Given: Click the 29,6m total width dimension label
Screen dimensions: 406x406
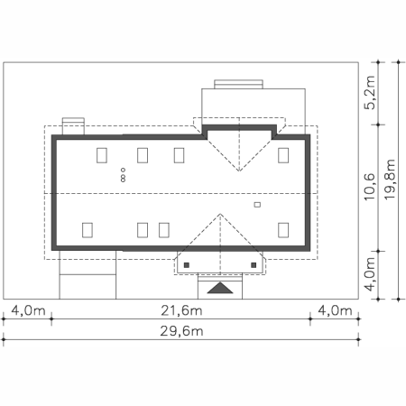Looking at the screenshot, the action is [x=181, y=331].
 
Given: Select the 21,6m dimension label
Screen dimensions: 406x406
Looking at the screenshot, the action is [x=181, y=310].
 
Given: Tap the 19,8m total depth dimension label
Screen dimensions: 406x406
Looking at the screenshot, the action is [x=389, y=179].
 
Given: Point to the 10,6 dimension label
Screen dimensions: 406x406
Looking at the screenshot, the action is [x=370, y=187].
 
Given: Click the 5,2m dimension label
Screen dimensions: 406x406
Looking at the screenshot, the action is [x=370, y=92].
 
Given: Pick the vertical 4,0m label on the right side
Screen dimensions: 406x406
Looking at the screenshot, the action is [x=370, y=274].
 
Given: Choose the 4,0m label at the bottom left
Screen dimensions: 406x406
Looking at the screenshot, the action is [x=28, y=310].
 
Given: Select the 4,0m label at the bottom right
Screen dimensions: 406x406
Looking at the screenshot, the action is [x=335, y=310].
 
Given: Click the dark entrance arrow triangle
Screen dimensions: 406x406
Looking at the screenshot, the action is [x=220, y=288].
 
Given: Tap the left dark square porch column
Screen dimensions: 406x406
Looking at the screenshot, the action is [x=187, y=265].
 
